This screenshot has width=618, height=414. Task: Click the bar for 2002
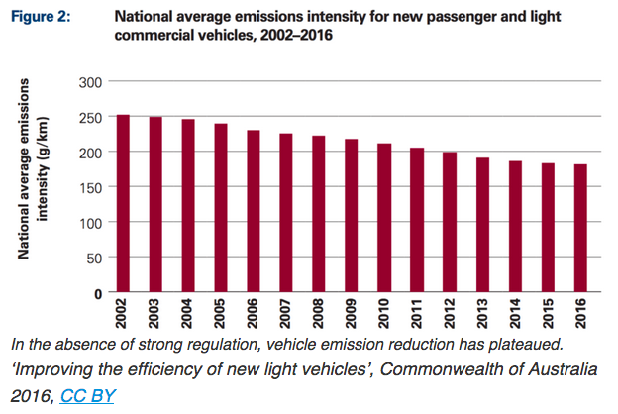(x=123, y=203)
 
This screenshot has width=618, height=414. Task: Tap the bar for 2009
(x=352, y=215)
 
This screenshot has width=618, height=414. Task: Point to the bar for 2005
(x=221, y=208)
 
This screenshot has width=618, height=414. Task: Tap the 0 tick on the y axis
(x=97, y=293)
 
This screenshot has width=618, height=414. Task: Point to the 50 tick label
(x=93, y=258)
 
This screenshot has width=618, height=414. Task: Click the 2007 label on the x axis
(x=286, y=316)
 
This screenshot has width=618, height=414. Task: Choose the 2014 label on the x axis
(x=515, y=316)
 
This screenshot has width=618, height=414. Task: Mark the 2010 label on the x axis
(x=384, y=316)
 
